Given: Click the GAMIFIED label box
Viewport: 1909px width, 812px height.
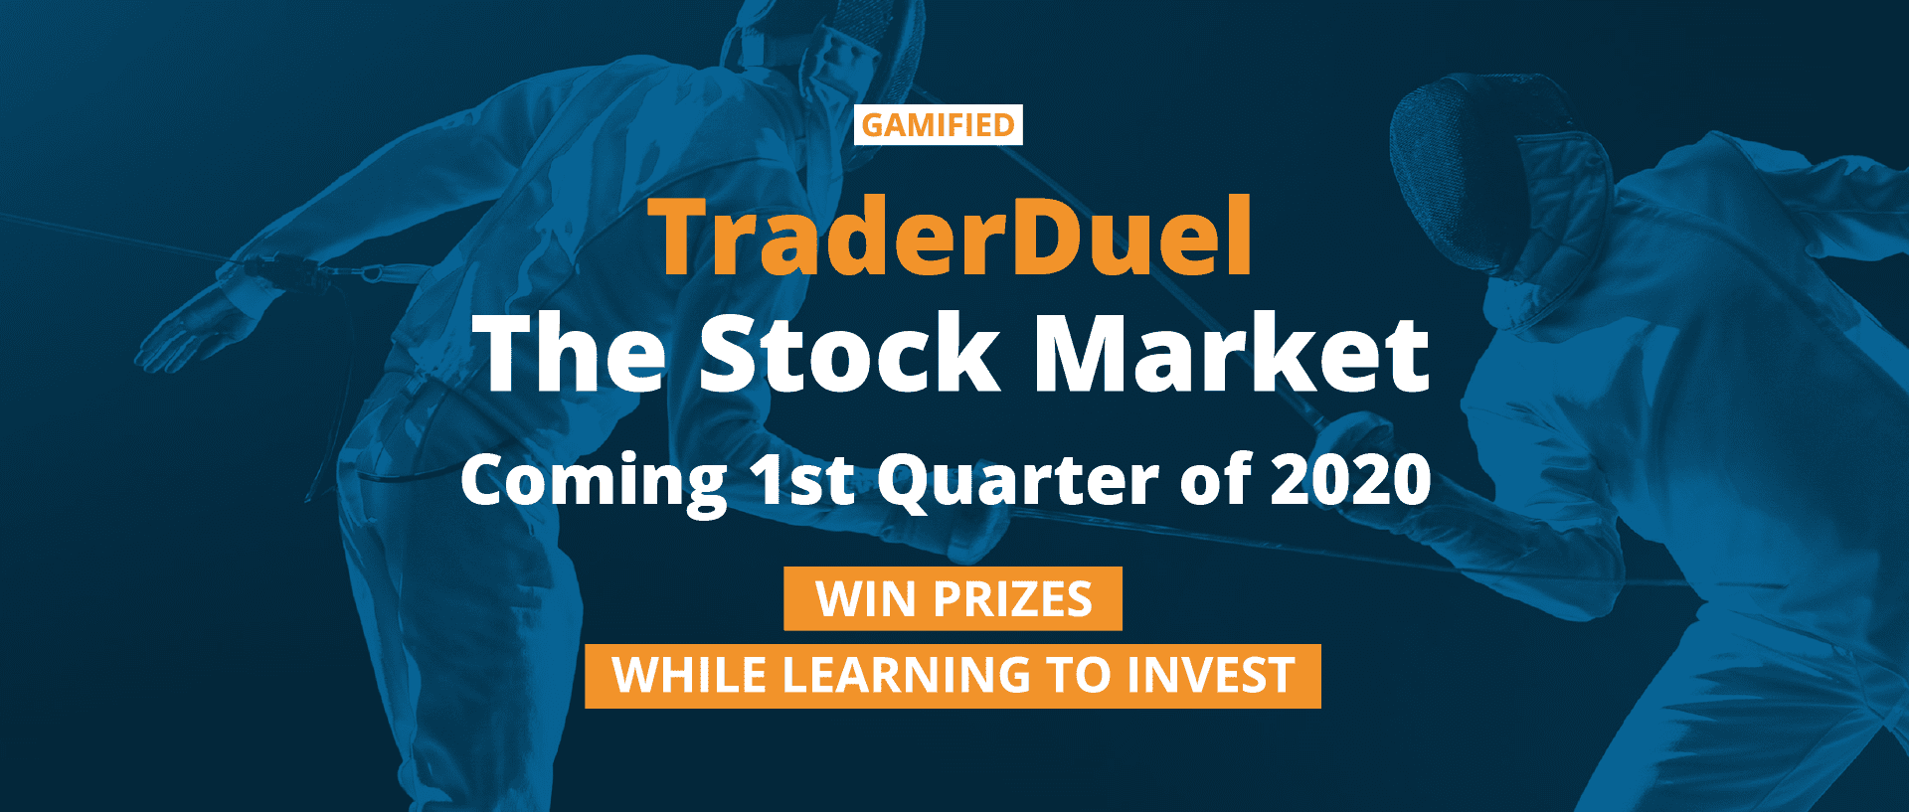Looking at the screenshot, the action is coord(939,125).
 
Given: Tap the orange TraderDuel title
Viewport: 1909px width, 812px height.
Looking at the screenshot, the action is coord(951,237).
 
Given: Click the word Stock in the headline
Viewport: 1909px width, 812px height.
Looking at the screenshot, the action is coord(849,353).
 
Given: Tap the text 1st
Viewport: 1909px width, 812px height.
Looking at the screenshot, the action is coord(803,480).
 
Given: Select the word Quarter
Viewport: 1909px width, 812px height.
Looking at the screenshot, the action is coord(1018,482).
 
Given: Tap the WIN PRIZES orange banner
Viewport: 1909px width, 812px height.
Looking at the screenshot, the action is coord(953,598).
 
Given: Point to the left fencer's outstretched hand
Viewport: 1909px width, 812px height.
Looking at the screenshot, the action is coord(195,328).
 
